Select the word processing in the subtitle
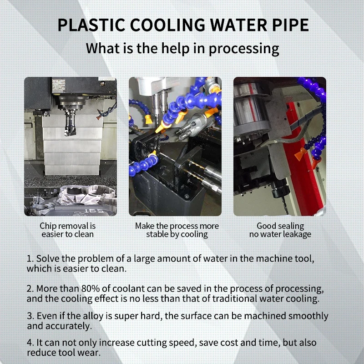(x=244, y=49)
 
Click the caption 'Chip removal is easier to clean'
(x=67, y=230)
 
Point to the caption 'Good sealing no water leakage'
(x=280, y=230)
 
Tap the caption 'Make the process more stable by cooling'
(x=177, y=230)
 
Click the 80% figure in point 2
(x=91, y=288)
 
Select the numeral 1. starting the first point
(x=30, y=258)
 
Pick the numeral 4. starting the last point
(x=30, y=343)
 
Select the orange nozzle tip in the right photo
(x=300, y=154)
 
